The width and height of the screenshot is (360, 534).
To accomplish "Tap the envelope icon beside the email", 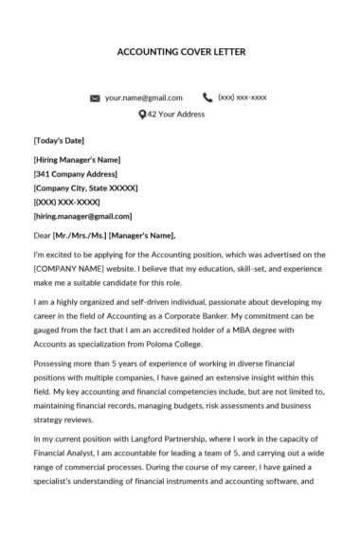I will (x=95, y=98).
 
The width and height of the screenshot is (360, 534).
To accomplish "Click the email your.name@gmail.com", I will (x=143, y=98).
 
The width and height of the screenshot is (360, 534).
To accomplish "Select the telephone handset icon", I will (x=207, y=97).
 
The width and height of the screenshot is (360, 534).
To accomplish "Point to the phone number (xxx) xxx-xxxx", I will (x=243, y=97).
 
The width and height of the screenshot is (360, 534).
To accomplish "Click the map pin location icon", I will (x=143, y=116).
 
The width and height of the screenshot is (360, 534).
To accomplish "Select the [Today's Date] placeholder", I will (x=60, y=140).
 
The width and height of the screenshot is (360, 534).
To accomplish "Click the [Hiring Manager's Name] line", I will (x=77, y=159).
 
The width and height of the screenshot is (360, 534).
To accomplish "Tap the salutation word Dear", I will (x=42, y=237).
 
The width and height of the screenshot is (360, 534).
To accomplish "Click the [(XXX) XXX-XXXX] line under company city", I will (x=68, y=204).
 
